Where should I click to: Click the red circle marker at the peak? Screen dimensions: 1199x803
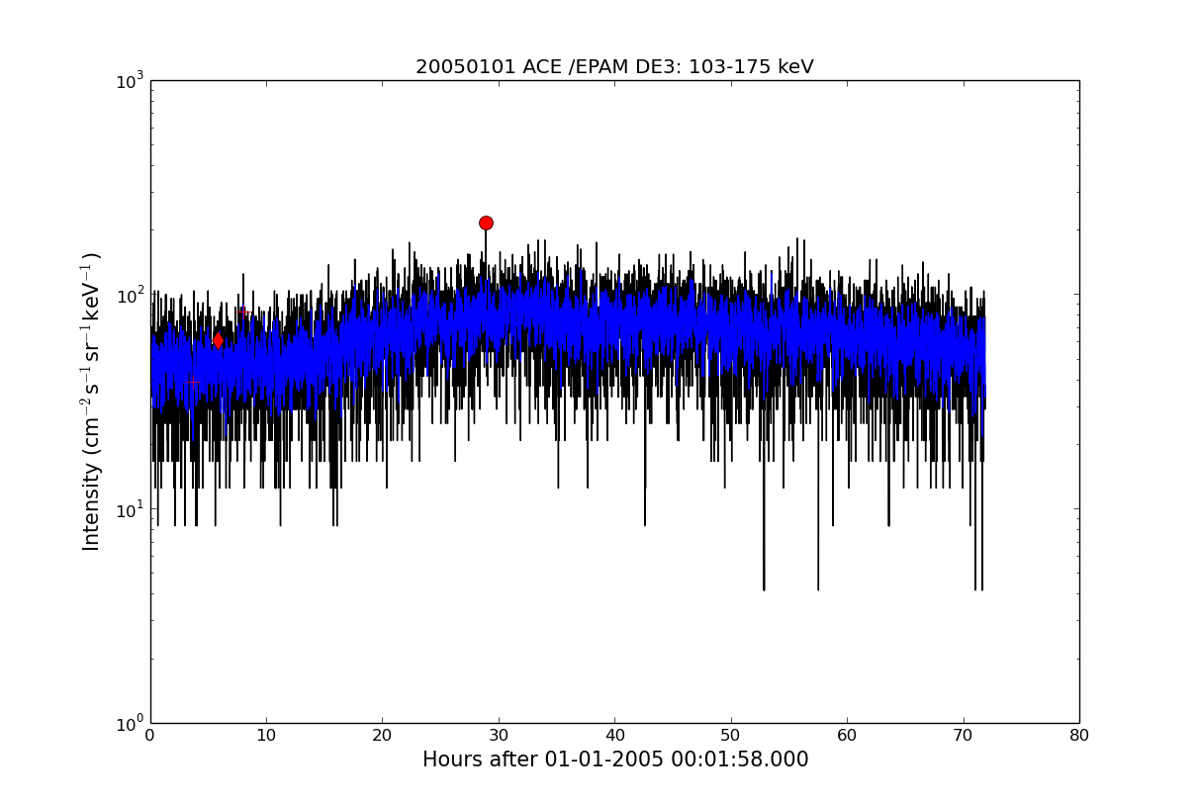click(486, 223)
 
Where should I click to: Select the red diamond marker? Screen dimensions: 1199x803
click(218, 340)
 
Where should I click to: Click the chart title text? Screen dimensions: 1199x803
click(614, 67)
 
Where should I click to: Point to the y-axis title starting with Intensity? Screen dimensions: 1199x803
click(91, 401)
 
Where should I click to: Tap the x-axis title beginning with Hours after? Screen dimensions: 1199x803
click(615, 759)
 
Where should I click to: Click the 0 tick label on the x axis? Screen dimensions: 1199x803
click(150, 736)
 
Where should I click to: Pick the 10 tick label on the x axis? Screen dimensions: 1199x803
click(266, 736)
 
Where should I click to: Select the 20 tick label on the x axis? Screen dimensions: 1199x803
click(382, 736)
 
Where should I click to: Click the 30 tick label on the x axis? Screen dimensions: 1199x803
click(499, 736)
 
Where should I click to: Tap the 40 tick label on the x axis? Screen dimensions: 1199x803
click(615, 736)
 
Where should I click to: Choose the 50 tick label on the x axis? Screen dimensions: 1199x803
click(731, 736)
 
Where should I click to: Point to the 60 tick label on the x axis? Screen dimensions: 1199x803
click(847, 736)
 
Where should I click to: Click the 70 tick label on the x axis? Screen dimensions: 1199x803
click(963, 736)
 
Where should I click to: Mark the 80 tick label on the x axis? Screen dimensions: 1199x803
click(1079, 736)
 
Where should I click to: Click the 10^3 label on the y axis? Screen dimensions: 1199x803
click(130, 81)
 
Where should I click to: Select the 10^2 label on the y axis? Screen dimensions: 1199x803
click(130, 295)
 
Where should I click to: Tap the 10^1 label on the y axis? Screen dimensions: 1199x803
click(130, 509)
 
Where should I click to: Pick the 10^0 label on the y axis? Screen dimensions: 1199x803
click(130, 724)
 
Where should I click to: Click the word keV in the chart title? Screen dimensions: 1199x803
click(795, 67)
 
